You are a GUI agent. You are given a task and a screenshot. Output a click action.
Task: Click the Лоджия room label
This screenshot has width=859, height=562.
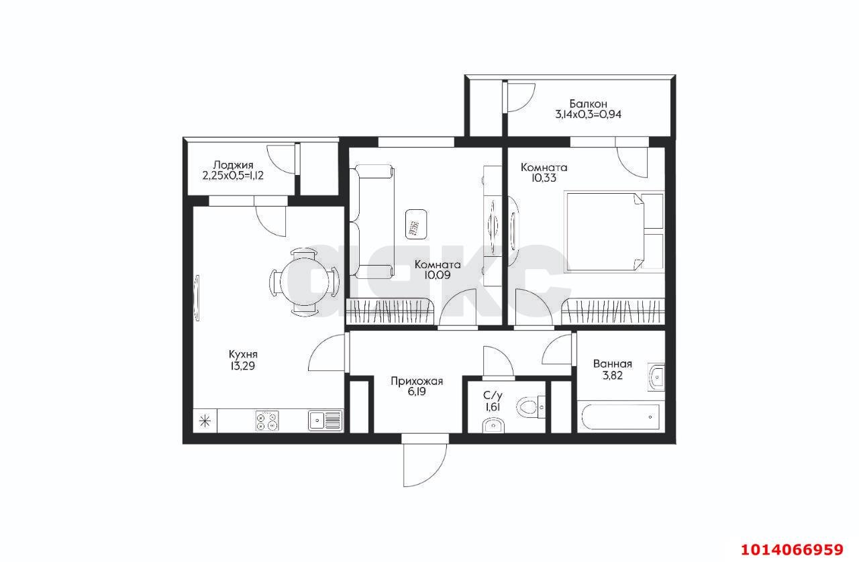coord(233,165)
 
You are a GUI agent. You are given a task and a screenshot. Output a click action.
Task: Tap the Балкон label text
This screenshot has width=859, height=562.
coord(588,103)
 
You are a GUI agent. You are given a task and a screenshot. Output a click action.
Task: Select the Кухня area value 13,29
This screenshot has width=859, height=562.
coord(242,366)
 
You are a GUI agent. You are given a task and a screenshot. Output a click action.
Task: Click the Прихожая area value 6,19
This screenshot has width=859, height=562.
coord(417,392)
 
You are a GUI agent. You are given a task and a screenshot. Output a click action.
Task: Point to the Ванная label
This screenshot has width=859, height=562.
coord(613,363)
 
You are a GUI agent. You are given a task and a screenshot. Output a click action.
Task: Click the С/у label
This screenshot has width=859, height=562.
coord(493,396)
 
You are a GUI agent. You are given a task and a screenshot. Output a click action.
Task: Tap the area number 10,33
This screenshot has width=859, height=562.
coord(544,178)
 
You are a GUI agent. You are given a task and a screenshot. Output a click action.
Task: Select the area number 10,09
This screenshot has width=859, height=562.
coord(437,275)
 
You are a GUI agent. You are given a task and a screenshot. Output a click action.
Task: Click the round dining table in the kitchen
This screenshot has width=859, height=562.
coord(305,282)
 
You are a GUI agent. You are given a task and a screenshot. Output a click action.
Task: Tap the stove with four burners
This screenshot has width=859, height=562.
coord(267,421)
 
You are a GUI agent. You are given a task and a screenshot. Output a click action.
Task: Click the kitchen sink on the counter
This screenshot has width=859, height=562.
coord(325,420)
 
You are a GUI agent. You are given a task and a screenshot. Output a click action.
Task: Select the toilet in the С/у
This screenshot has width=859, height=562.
coord(530,406)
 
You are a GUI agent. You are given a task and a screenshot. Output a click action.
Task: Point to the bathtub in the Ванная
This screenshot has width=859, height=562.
coord(619,417)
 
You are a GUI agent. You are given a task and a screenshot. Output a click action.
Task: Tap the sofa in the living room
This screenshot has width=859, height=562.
coord(372,221)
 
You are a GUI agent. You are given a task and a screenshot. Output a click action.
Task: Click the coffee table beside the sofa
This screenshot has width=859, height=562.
coord(416,224)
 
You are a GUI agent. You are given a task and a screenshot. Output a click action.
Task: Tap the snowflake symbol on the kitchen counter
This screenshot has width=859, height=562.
coord(205,421)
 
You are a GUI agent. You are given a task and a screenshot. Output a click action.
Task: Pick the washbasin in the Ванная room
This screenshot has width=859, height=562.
coord(656,377)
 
